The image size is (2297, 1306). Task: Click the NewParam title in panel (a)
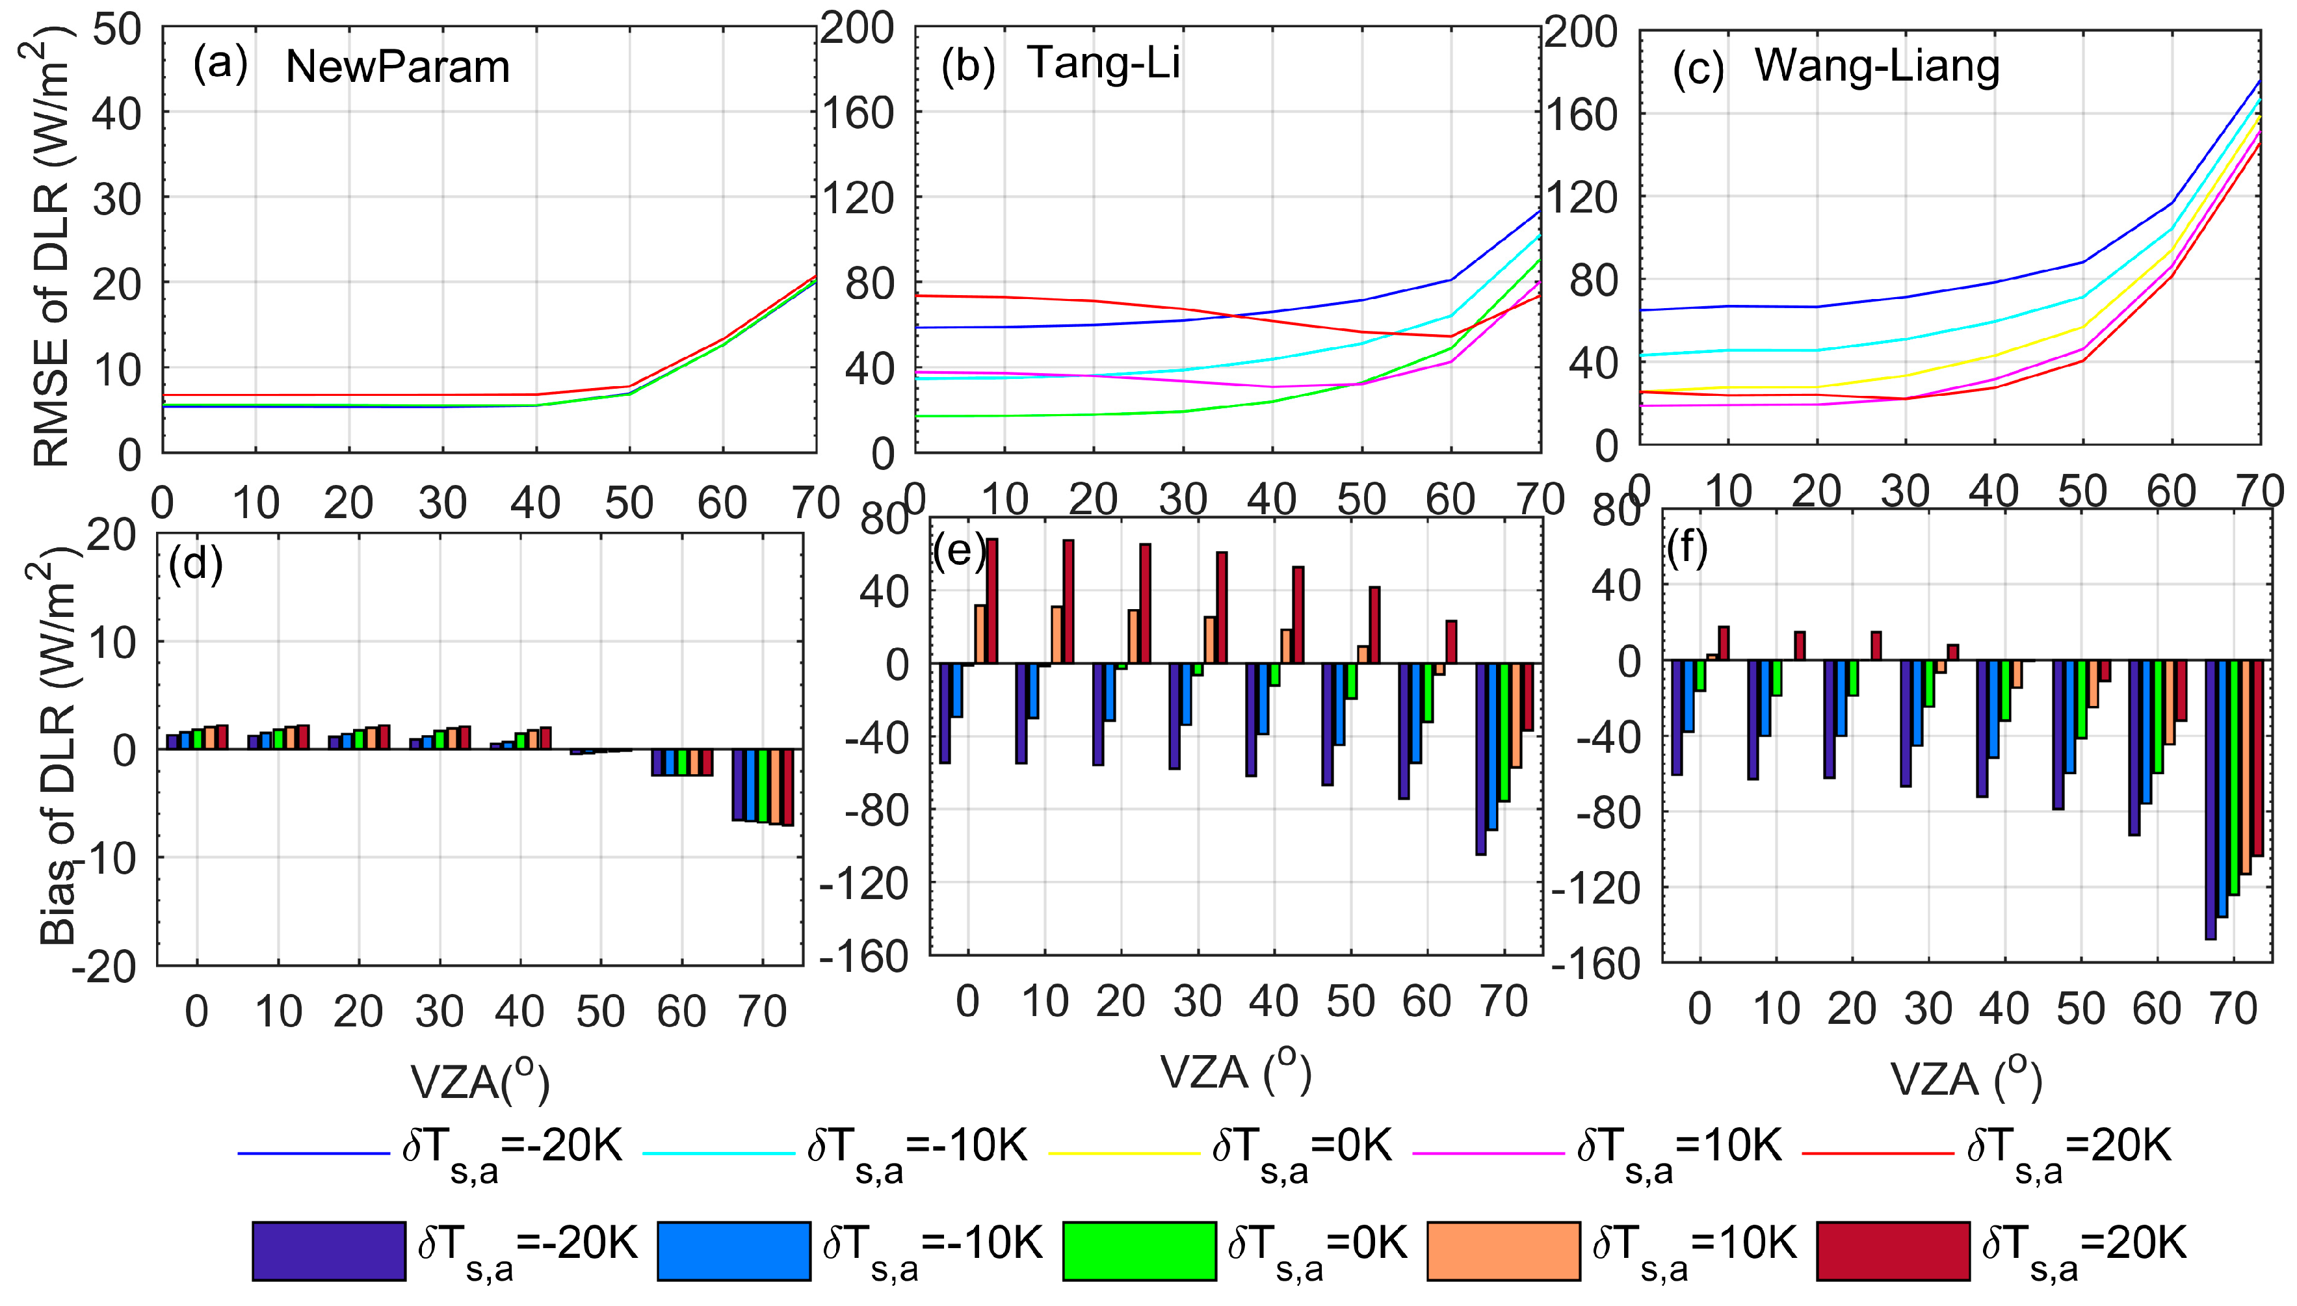(x=397, y=67)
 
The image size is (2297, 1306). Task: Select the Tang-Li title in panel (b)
(x=1103, y=63)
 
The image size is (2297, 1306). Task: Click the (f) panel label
(x=1687, y=548)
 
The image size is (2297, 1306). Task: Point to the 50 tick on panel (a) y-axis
(x=116, y=30)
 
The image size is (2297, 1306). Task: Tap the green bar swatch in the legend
(x=1139, y=1249)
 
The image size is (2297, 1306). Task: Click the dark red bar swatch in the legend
(x=1893, y=1249)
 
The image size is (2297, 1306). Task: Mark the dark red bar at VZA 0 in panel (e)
(x=992, y=601)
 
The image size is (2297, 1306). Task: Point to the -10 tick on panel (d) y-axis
(x=109, y=858)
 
